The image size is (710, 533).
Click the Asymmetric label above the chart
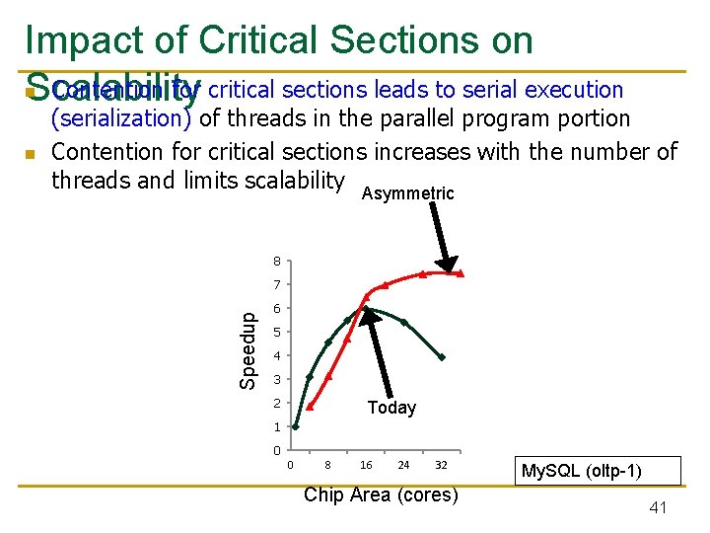(x=407, y=193)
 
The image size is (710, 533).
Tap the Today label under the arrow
(x=391, y=408)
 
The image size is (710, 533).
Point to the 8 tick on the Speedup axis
(x=278, y=262)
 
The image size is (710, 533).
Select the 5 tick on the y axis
(x=278, y=333)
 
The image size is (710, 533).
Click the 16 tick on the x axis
(x=366, y=465)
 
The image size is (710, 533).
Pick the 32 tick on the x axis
(x=441, y=465)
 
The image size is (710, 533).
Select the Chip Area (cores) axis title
(x=381, y=495)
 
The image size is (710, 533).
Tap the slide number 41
(x=659, y=507)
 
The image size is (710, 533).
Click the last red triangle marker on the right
(x=461, y=273)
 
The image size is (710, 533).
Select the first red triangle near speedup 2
(x=310, y=406)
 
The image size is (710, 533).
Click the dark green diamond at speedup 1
(x=295, y=427)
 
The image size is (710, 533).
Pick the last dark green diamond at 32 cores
(x=442, y=357)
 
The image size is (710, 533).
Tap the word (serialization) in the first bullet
(x=121, y=118)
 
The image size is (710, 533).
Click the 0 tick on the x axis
(x=290, y=465)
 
